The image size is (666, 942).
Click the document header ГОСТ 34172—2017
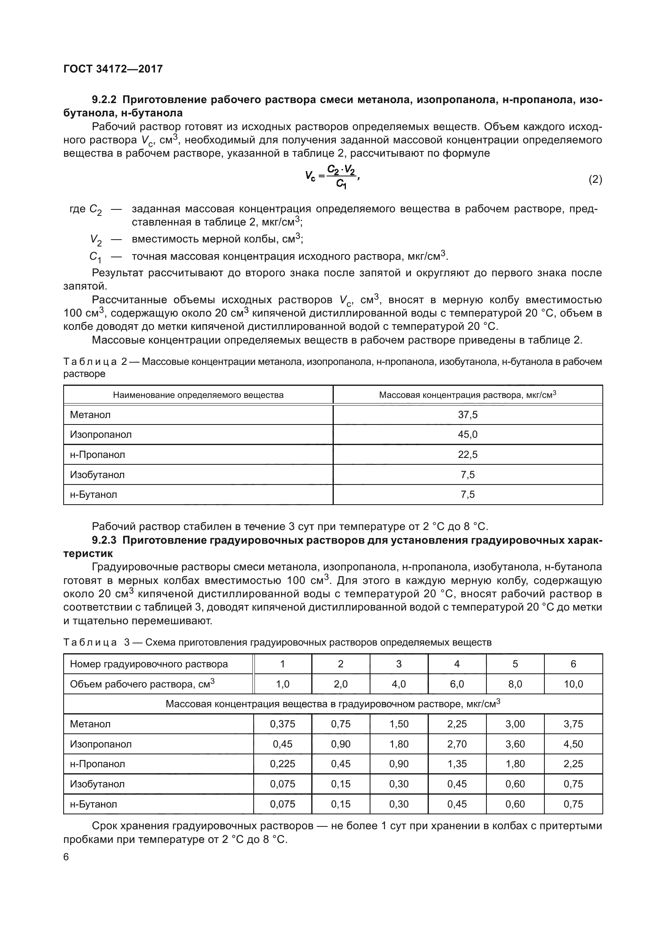113,69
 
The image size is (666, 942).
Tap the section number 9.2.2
104,100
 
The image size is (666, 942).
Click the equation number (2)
595,179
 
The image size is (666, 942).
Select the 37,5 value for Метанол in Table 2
467,415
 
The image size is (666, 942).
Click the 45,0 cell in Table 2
467,435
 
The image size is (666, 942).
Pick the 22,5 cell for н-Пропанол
467,455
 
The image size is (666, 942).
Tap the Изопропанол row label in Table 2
101,435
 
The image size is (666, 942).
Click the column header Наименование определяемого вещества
198,395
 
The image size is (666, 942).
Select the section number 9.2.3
104,540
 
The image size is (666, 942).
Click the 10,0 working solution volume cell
573,684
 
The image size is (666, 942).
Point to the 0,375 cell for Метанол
282,724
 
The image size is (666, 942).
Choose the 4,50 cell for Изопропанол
573,744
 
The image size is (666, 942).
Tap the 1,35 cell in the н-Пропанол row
457,764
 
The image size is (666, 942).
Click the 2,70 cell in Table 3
457,744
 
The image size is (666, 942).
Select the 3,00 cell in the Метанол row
515,724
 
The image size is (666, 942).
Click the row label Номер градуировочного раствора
149,664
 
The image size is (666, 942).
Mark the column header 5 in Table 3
515,664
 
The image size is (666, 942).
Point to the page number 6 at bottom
66,857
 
